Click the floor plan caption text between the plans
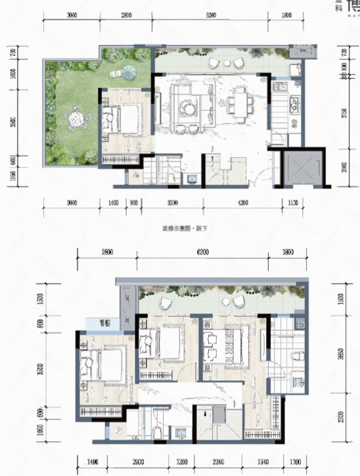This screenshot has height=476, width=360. pos(179,227)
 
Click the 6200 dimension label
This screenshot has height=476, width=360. pos(205,251)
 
